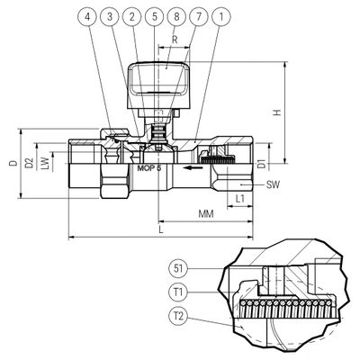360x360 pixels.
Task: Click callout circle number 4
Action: click(87, 16)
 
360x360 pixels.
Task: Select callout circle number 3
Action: click(110, 16)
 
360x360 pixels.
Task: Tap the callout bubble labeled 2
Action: click(132, 16)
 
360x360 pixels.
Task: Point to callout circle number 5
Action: click(154, 16)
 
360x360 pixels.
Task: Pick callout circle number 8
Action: click(176, 16)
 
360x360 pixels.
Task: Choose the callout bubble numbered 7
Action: click(199, 16)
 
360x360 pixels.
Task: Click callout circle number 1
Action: click(221, 16)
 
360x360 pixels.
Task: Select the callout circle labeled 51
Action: click(178, 268)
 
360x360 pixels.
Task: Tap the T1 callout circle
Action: click(178, 292)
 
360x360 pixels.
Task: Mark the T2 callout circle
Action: click(178, 316)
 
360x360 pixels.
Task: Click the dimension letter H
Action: click(277, 112)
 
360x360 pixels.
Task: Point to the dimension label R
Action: click(175, 40)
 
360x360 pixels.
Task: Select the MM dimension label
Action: click(206, 214)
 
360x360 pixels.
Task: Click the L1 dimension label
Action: click(240, 199)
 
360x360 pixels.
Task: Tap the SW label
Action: click(273, 184)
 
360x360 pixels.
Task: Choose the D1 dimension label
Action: click(262, 164)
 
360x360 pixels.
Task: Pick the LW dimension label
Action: click(45, 164)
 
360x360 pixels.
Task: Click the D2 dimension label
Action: click(29, 164)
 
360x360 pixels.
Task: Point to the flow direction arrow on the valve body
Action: click(192, 167)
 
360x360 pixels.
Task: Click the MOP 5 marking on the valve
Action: click(149, 168)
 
